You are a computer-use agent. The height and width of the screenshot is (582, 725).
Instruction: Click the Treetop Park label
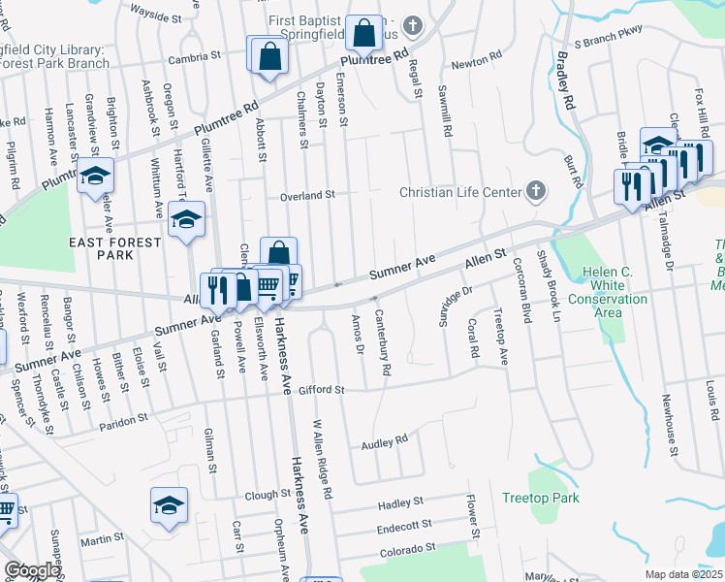click(540, 498)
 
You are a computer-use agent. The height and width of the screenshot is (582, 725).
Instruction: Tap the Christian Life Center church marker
click(534, 191)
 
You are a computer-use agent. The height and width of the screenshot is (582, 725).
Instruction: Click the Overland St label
click(306, 195)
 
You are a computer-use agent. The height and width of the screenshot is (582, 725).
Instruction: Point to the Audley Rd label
click(384, 441)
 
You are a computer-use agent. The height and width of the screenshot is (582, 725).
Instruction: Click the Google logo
click(32, 570)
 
